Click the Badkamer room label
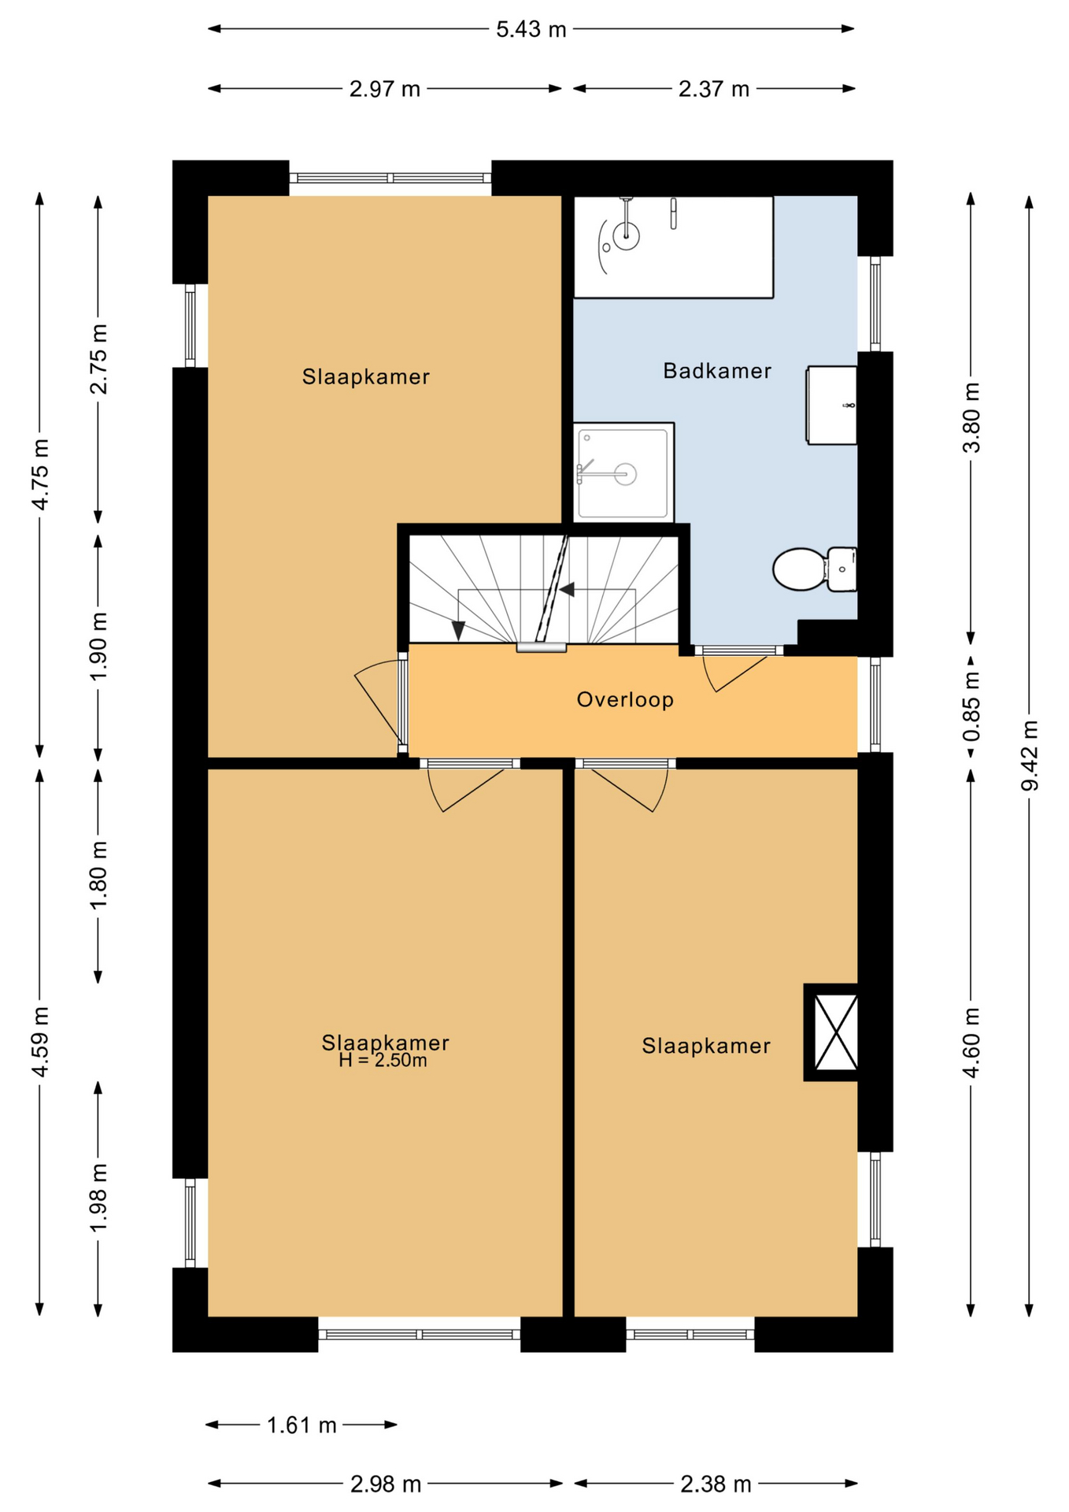coord(716,371)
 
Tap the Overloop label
coord(625,700)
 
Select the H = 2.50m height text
coord(383,1061)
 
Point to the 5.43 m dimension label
coord(531,30)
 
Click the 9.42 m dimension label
coord(1030,755)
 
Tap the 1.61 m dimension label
coord(301,1425)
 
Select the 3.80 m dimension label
coord(971,417)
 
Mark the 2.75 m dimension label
coord(98,358)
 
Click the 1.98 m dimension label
coord(98,1199)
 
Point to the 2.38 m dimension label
coord(716,1484)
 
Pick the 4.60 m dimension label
coord(971,1043)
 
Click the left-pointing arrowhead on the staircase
coord(566,589)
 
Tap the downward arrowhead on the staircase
coord(458,630)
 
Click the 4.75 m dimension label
coord(40,475)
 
